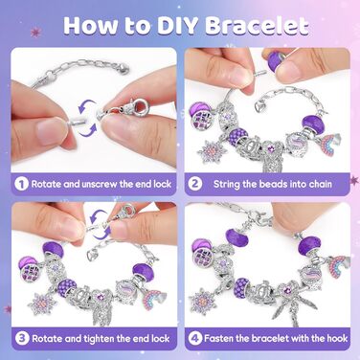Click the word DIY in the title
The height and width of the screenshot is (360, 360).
click(178, 25)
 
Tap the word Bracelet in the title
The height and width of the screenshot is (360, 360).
click(257, 25)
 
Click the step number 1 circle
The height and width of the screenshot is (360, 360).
click(21, 184)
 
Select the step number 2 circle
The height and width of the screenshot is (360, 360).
click(195, 184)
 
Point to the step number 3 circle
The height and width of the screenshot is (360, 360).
click(22, 338)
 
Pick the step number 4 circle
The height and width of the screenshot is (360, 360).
click(194, 338)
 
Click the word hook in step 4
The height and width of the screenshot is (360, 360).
click(337, 338)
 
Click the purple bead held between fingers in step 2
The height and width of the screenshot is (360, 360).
click(276, 59)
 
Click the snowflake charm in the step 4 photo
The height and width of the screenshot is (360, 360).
click(202, 301)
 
